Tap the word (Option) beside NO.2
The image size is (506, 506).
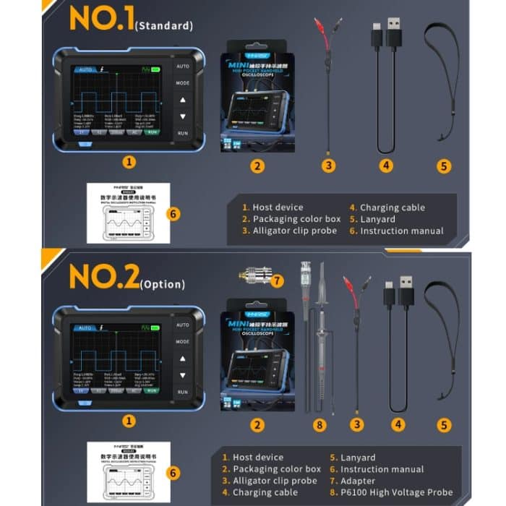coord(163,283)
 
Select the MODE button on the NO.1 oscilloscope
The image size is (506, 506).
coord(183,83)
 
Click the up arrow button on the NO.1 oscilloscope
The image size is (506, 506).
coord(183,100)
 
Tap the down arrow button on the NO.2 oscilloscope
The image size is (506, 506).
coord(183,375)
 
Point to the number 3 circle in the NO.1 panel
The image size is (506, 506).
coord(329,166)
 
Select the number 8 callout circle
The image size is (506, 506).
coord(320,424)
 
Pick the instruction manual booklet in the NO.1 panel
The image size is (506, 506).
coord(128,213)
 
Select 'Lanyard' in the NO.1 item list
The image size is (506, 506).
coord(377,219)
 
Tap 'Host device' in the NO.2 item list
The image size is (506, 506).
coord(258,458)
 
